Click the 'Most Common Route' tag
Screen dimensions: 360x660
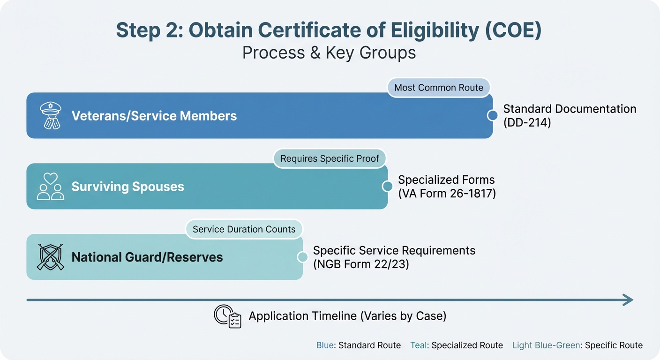[x=438, y=88]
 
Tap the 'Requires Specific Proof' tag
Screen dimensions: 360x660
[x=330, y=158]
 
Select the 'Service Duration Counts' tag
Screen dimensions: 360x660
[x=244, y=229]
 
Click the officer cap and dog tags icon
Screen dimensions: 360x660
[x=50, y=115]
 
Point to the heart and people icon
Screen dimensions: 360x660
[x=50, y=187]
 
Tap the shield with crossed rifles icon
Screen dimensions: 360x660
[x=50, y=257]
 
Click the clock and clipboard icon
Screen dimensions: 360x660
[x=227, y=316]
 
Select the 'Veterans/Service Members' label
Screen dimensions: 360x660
[x=154, y=116]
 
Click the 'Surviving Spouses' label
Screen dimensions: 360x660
[x=127, y=187]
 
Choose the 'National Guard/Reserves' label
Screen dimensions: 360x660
[x=147, y=257]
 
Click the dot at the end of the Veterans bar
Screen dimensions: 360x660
[x=492, y=115]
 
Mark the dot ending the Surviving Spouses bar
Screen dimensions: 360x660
[x=387, y=187]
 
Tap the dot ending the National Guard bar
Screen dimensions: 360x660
[x=303, y=257]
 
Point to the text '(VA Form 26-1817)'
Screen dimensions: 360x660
[x=447, y=193]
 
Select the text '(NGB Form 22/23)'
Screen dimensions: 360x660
[x=361, y=264]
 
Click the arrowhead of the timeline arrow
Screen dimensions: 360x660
[x=628, y=300]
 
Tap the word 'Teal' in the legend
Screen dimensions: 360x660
[x=419, y=345]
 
